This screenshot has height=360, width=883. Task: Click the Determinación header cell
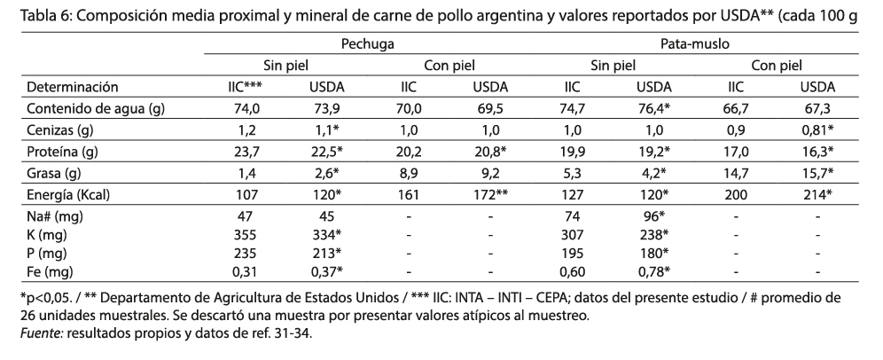pos(73,87)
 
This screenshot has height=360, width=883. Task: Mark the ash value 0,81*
pos(817,131)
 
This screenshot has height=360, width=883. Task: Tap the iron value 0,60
pos(573,271)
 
